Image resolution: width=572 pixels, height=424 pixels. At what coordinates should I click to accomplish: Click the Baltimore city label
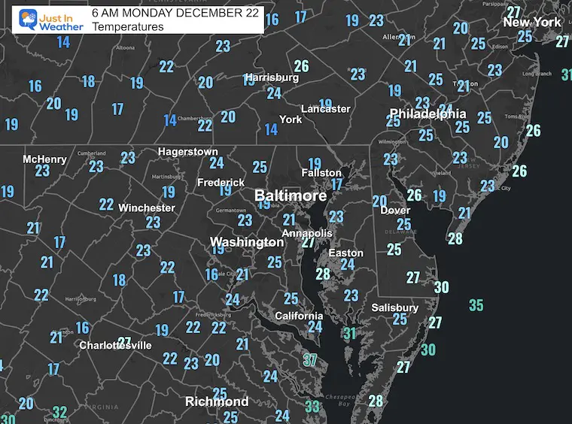[291, 195]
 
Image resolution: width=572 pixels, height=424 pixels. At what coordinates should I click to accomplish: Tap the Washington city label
[246, 242]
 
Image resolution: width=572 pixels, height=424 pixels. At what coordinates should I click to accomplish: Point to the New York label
[532, 22]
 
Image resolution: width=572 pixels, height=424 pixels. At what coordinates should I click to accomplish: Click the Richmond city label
[217, 401]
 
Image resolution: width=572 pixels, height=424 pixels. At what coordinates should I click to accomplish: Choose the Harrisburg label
[272, 77]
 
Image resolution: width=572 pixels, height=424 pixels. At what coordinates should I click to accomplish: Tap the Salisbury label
[394, 307]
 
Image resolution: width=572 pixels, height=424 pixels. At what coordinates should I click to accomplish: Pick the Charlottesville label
[116, 345]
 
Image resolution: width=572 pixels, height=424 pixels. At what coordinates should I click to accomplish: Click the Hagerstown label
[187, 151]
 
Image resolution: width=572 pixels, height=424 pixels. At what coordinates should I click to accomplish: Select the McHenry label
[44, 159]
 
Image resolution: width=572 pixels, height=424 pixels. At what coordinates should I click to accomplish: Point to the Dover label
[394, 210]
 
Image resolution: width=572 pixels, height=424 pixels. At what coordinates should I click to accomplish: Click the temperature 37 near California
[309, 359]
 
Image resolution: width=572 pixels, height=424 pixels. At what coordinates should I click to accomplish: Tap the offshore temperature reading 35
[476, 305]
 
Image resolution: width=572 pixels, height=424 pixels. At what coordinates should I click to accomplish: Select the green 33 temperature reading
[312, 407]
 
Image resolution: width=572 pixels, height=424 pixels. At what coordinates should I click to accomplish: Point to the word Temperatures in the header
[128, 26]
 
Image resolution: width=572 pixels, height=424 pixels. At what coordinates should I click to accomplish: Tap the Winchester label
[147, 207]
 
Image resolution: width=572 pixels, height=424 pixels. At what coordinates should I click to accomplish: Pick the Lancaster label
[325, 109]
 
